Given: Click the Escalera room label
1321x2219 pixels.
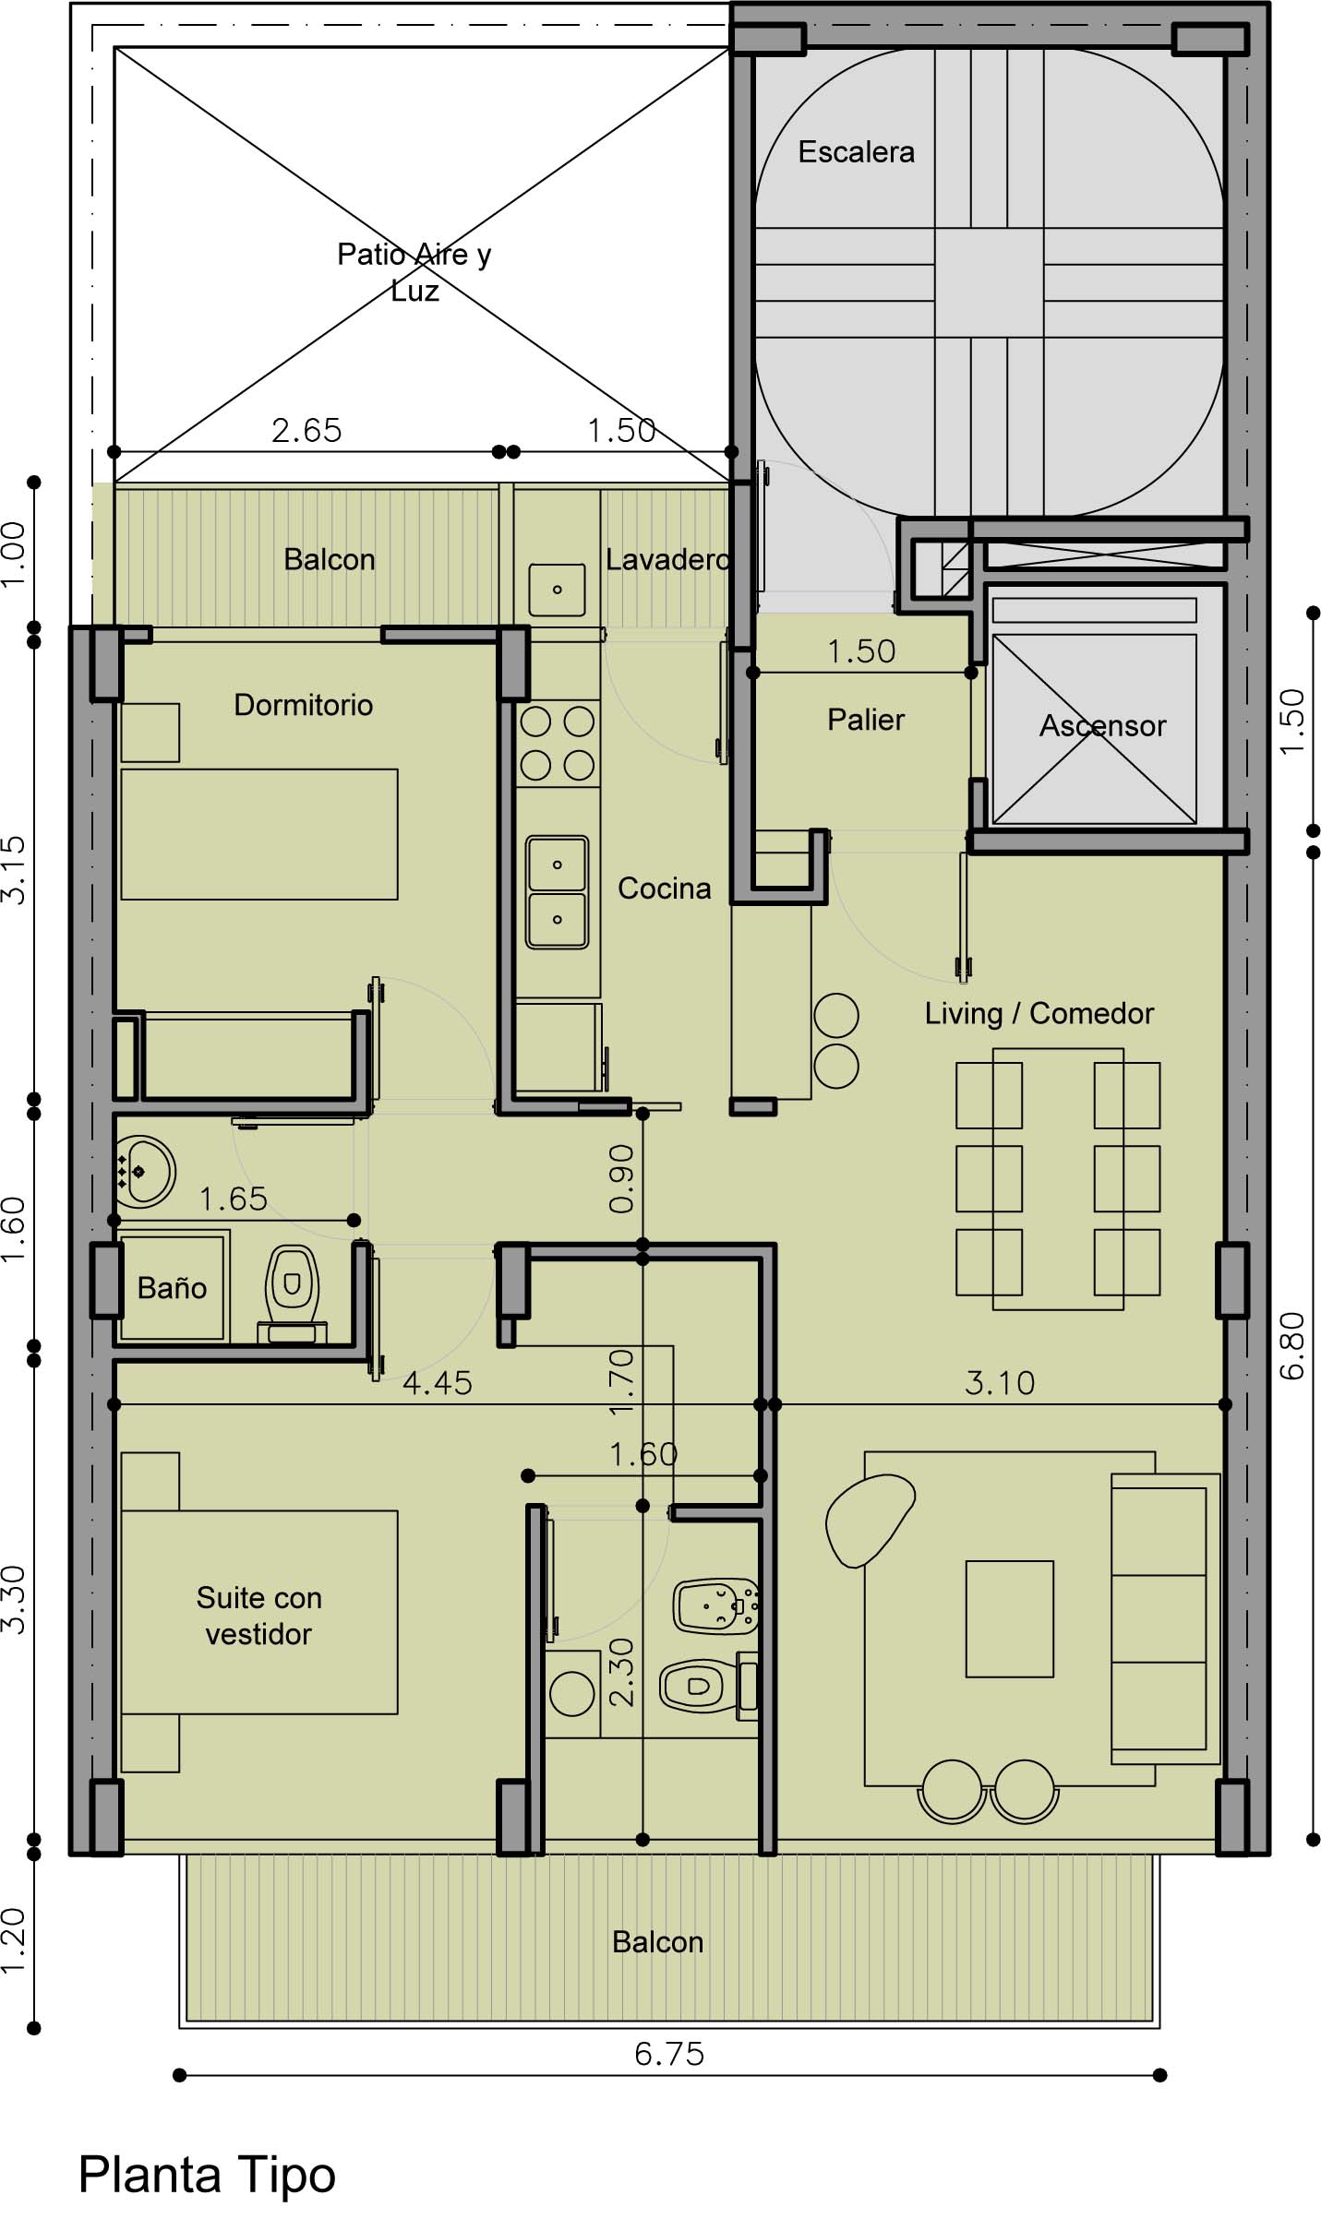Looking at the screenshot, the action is tap(856, 152).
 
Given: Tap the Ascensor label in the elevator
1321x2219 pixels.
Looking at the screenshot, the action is tap(1102, 726).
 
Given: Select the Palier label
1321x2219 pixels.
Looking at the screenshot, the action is tap(865, 720).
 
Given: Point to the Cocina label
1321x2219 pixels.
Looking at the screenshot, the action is tap(664, 889).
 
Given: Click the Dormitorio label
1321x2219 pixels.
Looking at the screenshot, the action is tap(303, 705).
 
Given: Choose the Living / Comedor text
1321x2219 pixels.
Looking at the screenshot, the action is tap(1039, 1013).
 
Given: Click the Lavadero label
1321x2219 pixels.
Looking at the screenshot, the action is tap(667, 560).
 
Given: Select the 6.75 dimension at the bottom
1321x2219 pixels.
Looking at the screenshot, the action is tap(669, 2054).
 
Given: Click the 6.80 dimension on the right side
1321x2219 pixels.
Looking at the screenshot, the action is tap(1292, 1346).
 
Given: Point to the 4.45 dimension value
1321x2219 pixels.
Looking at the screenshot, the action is tap(438, 1383).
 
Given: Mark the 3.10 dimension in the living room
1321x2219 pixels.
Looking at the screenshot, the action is tap(1000, 1383).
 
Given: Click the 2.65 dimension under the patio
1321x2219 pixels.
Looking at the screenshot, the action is tap(306, 431).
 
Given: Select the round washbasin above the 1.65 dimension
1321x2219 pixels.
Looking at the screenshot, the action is tap(145, 1172).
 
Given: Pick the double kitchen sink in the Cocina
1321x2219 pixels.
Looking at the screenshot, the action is tap(557, 892).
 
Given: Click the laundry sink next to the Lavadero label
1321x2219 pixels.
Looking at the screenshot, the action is tap(557, 590).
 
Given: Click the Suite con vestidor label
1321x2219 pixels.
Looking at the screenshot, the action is tap(258, 1616).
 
